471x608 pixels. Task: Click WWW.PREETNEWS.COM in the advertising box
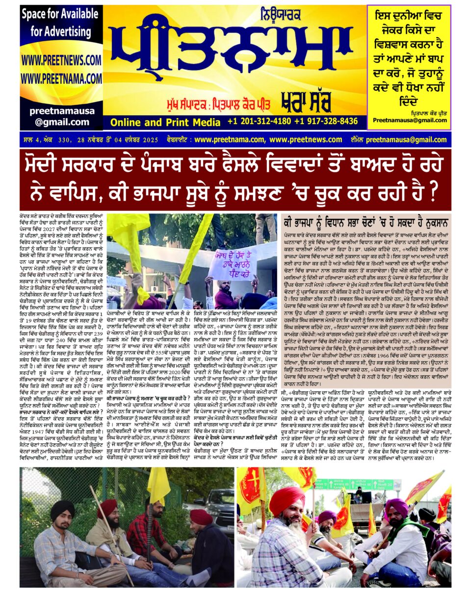(61, 60)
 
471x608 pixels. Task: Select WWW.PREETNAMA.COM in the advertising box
(61, 78)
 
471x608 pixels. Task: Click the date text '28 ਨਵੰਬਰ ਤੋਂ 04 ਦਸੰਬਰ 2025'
(117, 140)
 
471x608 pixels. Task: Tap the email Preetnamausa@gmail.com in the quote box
(410, 120)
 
